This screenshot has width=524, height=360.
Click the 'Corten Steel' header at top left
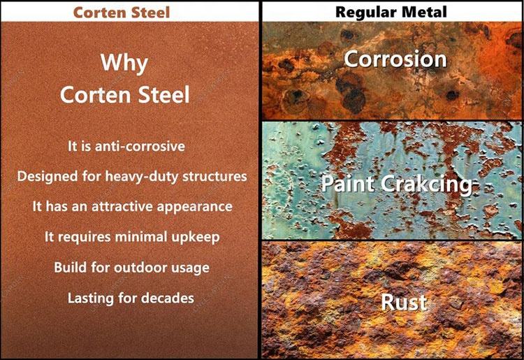pyautogui.click(x=130, y=12)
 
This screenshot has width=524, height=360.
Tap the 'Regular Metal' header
pyautogui.click(x=391, y=12)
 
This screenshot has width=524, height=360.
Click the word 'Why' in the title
pyautogui.click(x=124, y=63)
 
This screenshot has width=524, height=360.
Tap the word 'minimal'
pyautogui.click(x=145, y=237)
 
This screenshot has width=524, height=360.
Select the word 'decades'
pyautogui.click(x=168, y=298)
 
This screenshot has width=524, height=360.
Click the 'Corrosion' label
pyautogui.click(x=395, y=59)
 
